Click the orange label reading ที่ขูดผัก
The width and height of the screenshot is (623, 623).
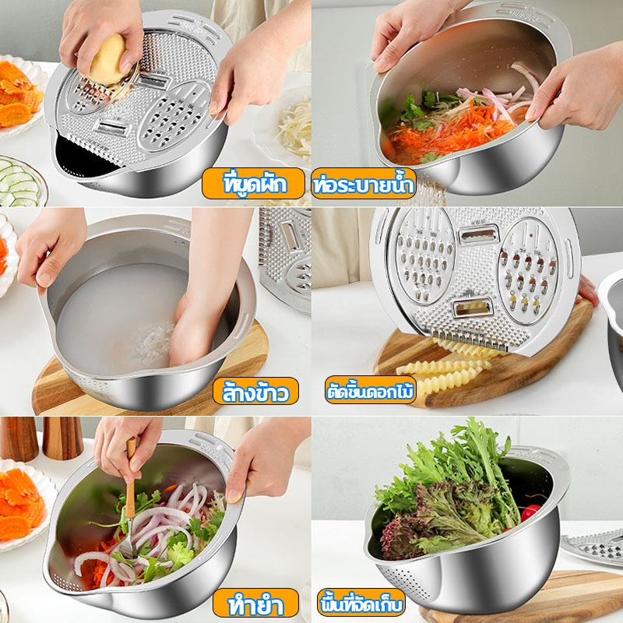click(x=254, y=184)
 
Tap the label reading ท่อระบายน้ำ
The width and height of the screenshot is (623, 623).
click(x=364, y=184)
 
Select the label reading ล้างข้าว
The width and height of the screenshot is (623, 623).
click(x=255, y=391)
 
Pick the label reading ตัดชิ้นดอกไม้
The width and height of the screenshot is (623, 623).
click(x=371, y=390)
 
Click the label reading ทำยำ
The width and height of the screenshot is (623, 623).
click(x=255, y=603)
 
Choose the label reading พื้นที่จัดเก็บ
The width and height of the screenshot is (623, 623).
click(x=361, y=603)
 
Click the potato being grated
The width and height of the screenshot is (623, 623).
click(x=107, y=60)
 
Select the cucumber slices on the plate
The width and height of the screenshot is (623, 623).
click(x=20, y=183)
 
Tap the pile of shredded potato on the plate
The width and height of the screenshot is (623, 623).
click(x=295, y=128)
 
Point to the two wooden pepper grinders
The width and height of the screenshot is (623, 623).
click(x=41, y=438)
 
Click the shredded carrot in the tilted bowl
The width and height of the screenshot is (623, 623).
click(x=449, y=131)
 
